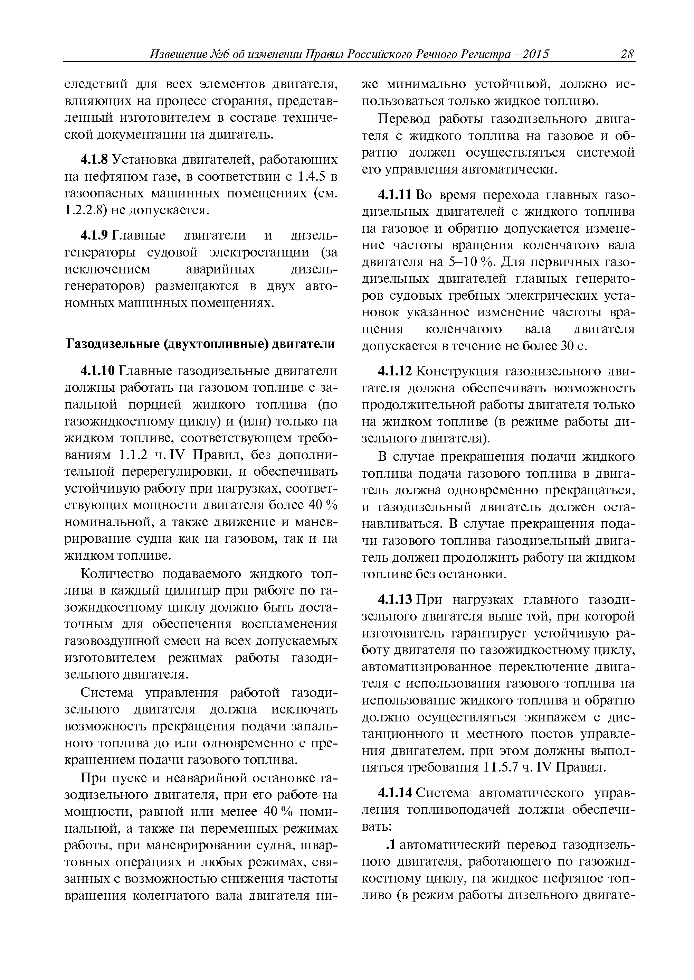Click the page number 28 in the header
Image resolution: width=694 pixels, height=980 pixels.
point(627,54)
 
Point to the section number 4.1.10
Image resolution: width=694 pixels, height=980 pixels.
point(97,371)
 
